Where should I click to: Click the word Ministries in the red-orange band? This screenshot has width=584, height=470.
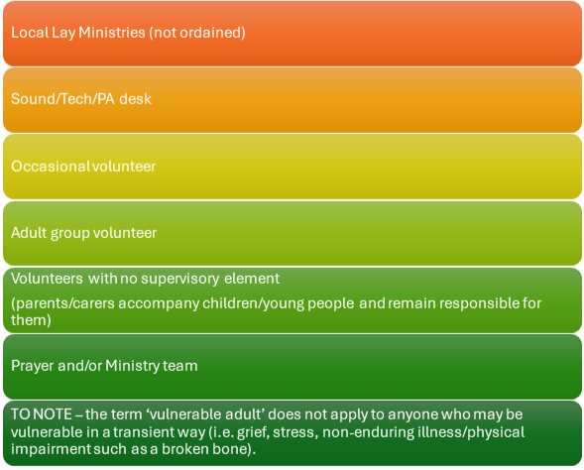click(112, 33)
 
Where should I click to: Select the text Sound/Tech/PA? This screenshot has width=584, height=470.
click(62, 99)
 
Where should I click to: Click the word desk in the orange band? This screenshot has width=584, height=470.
click(135, 99)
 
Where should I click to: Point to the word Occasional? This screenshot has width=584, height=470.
click(50, 167)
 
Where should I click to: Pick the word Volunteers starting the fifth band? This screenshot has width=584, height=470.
click(47, 279)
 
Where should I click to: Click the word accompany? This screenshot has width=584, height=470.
click(159, 304)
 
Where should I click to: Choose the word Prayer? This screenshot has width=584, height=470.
click(32, 366)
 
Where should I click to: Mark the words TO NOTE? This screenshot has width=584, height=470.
click(42, 414)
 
